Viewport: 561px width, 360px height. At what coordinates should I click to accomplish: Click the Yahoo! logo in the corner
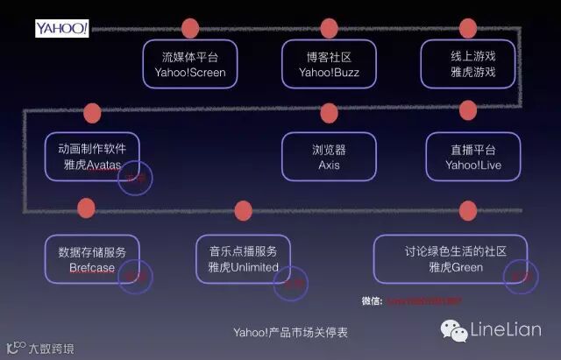pos(61,29)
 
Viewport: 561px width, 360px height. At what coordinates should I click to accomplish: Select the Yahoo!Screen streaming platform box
pos(189,63)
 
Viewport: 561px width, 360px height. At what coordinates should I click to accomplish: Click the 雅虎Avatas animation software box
pos(92,156)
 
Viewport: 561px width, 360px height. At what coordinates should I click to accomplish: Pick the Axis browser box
pos(329,156)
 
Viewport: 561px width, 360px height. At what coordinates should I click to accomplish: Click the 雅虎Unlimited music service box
pos(243,259)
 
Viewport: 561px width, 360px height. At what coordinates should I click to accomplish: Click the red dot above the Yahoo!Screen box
pos(189,27)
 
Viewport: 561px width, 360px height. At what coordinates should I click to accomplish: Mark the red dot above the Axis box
pos(330,113)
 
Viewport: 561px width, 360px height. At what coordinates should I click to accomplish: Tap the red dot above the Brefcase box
pos(86,208)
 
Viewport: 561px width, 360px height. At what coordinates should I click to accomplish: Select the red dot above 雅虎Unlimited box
pos(243,210)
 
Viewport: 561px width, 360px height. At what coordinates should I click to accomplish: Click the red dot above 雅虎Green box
pos(468,210)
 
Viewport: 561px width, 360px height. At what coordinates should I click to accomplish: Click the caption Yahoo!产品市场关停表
pos(290,333)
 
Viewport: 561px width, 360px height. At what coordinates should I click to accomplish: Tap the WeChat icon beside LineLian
pos(453,330)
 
